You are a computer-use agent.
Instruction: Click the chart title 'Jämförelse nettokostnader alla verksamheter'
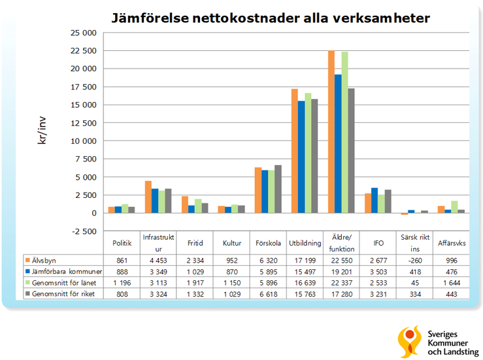click(269, 18)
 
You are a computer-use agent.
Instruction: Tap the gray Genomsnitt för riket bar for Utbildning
click(314, 156)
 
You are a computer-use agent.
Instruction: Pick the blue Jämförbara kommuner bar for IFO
click(374, 201)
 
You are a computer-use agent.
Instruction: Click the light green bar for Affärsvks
click(454, 207)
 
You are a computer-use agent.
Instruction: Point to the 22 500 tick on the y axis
click(83, 50)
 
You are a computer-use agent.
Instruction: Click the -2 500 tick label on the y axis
click(83, 231)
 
